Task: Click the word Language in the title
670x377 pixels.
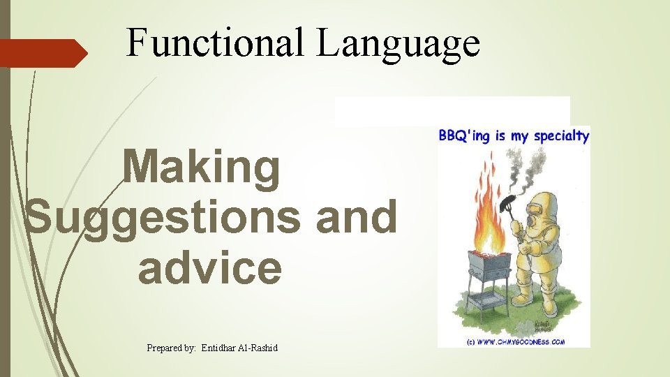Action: click(x=399, y=43)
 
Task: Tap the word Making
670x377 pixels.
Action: click(x=202, y=170)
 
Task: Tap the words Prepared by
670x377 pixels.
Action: click(x=171, y=347)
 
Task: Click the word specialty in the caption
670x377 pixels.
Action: click(x=561, y=136)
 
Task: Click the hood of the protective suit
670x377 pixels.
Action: click(x=542, y=205)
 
